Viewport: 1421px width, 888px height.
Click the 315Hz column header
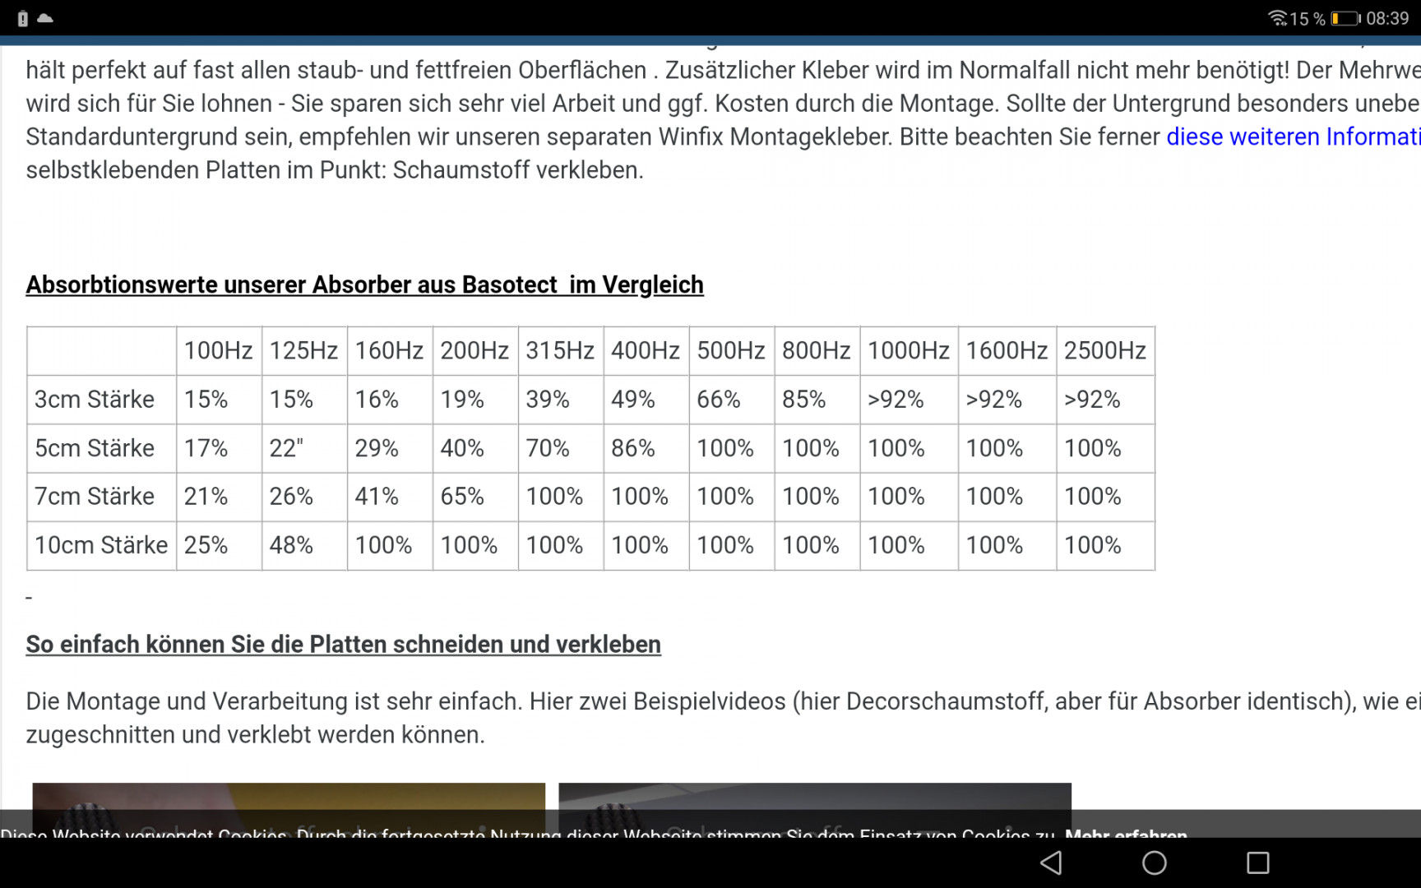coord(559,351)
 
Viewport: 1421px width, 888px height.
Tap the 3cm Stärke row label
coord(95,400)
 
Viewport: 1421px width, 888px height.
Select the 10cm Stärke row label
coord(101,545)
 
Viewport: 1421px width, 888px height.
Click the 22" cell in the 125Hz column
coord(286,448)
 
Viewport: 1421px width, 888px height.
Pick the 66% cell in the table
coord(718,400)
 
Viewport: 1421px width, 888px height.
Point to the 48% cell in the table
coord(291,545)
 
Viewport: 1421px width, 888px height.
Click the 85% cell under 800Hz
coord(803,400)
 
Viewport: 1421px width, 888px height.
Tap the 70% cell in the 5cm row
coord(548,448)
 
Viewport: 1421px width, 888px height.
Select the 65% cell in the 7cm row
coord(462,497)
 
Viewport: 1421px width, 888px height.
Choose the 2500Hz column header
coord(1104,351)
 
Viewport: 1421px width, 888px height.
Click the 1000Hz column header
coord(908,351)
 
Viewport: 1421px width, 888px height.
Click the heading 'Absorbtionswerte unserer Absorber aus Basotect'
coord(364,284)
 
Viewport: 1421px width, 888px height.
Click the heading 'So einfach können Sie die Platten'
coord(343,645)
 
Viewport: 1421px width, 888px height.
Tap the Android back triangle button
coord(1051,863)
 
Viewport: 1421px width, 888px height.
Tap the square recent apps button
coord(1257,863)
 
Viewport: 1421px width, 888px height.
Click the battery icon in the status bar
coord(1345,18)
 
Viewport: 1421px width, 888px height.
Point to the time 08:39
coord(1387,18)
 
